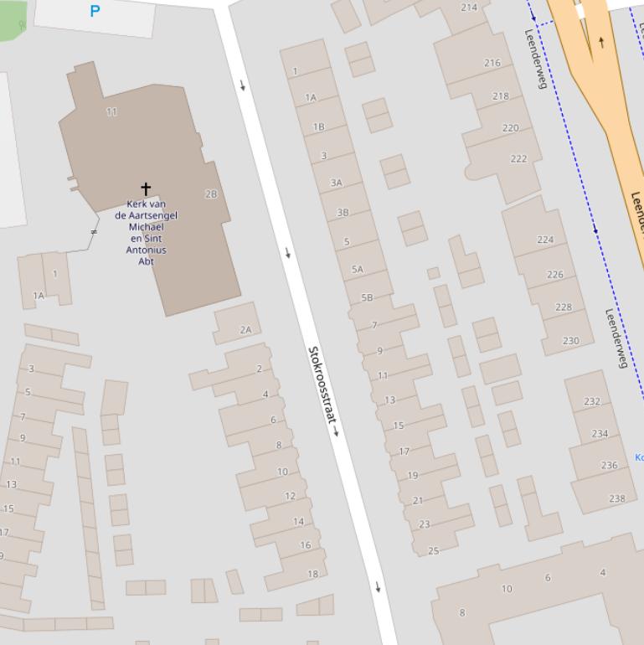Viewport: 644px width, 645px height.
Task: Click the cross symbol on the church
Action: click(x=146, y=188)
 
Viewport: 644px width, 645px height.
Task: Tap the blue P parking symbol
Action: click(x=95, y=11)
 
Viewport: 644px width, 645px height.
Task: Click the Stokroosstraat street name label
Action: click(x=322, y=390)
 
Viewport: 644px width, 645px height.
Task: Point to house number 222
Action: click(x=518, y=158)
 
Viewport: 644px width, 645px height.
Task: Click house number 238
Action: click(x=617, y=498)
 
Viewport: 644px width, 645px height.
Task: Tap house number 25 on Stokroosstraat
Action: click(x=433, y=550)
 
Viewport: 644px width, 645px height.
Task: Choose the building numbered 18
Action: click(x=312, y=574)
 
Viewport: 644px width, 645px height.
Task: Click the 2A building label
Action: click(x=245, y=329)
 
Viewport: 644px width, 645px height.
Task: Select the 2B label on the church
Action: click(x=211, y=193)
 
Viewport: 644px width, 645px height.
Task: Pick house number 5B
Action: click(x=367, y=297)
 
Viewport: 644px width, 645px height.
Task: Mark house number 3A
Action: click(x=337, y=182)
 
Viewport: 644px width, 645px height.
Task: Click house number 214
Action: click(x=469, y=8)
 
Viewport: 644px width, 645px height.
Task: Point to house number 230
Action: click(x=570, y=340)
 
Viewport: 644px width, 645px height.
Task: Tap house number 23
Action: click(x=424, y=524)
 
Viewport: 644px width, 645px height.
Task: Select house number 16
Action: click(x=306, y=544)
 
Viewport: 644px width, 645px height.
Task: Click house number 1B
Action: click(x=318, y=127)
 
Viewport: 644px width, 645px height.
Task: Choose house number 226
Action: click(x=555, y=274)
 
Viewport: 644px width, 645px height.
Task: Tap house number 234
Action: click(x=600, y=433)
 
